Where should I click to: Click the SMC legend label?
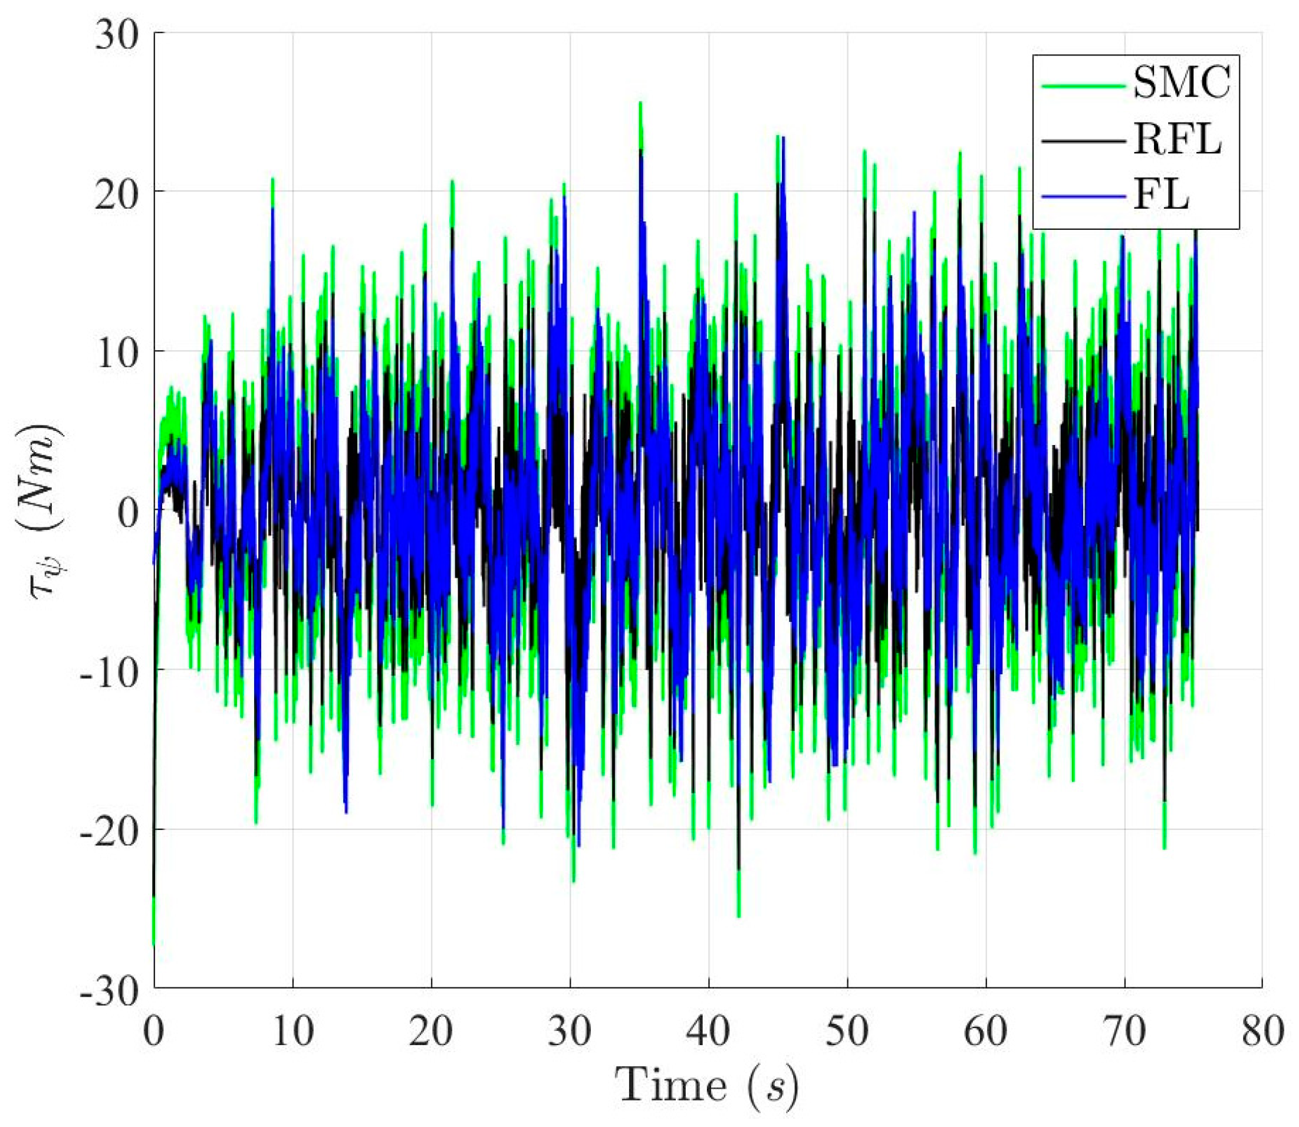pos(1180,85)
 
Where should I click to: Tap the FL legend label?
pos(1161,197)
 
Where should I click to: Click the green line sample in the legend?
pos(1084,86)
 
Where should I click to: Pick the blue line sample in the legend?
pos(1084,197)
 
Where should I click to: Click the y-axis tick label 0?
pos(129,510)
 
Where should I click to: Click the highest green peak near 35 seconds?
pos(640,104)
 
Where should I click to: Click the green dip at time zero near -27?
pos(154,941)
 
